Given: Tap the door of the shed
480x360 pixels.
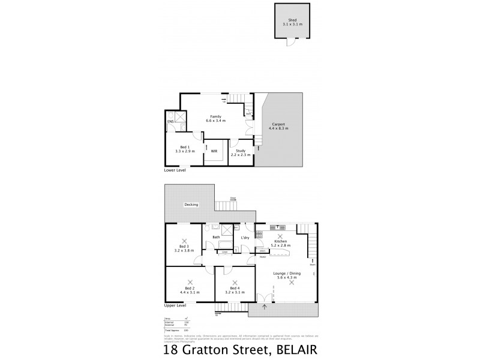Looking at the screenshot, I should click(291, 43).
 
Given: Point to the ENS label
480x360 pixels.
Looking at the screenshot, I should click(170, 126).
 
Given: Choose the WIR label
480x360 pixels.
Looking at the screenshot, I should click(214, 151).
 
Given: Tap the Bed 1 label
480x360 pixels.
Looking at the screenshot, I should click(185, 147).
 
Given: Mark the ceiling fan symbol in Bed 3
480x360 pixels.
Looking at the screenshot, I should click(185, 240).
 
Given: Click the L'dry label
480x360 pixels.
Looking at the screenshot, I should click(245, 238).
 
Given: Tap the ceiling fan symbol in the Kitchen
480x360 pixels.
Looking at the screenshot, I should click(280, 236).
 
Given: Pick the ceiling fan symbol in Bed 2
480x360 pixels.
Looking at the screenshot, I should click(190, 281).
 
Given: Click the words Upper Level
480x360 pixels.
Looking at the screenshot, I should click(175, 305).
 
